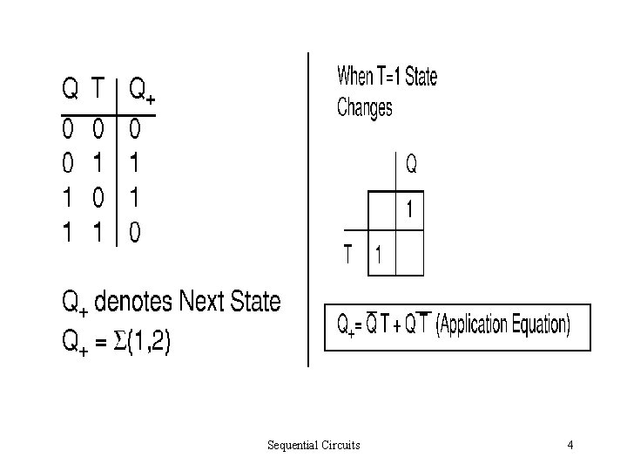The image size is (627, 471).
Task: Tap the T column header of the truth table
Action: pos(100,88)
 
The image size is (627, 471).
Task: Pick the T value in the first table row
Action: pos(99,130)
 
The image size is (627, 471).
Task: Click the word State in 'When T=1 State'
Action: pos(421,77)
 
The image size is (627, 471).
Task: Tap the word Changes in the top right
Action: pos(365,108)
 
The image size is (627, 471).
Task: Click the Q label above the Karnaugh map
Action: pos(411,162)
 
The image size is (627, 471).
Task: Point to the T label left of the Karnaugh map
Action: pos(348,255)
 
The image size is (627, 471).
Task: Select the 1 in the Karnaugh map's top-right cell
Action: pos(406,210)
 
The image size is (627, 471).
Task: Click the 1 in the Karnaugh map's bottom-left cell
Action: pos(378,256)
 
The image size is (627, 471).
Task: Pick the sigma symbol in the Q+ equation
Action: pos(121,342)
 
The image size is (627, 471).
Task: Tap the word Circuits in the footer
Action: pos(341,446)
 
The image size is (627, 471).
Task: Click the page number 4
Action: pos(570,446)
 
